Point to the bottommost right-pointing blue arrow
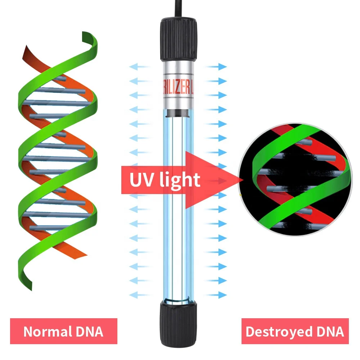click(x=217, y=294)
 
